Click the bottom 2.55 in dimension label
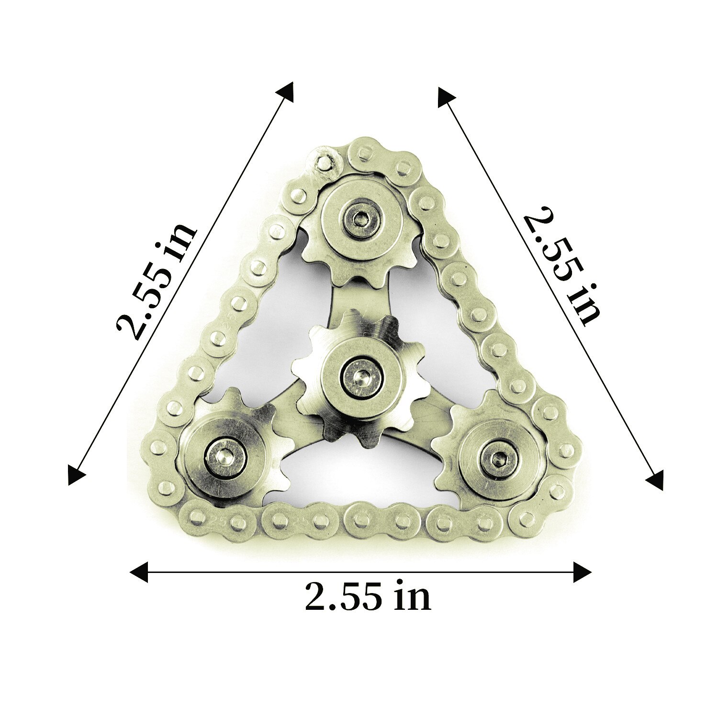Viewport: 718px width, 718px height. (x=368, y=596)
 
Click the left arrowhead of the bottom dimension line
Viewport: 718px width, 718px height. (x=139, y=572)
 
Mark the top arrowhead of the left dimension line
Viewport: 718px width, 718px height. (x=286, y=91)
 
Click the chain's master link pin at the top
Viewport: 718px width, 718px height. (x=325, y=162)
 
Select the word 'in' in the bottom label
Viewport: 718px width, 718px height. (x=413, y=596)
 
